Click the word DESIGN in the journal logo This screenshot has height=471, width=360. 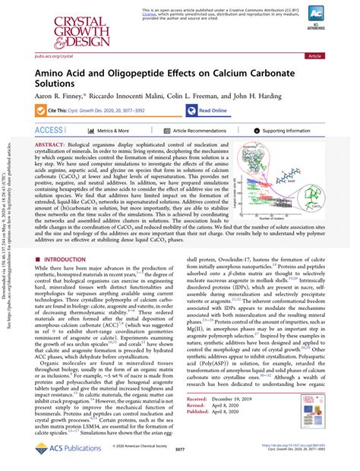coord(66,42)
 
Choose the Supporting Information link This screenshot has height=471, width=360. coord(288,130)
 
